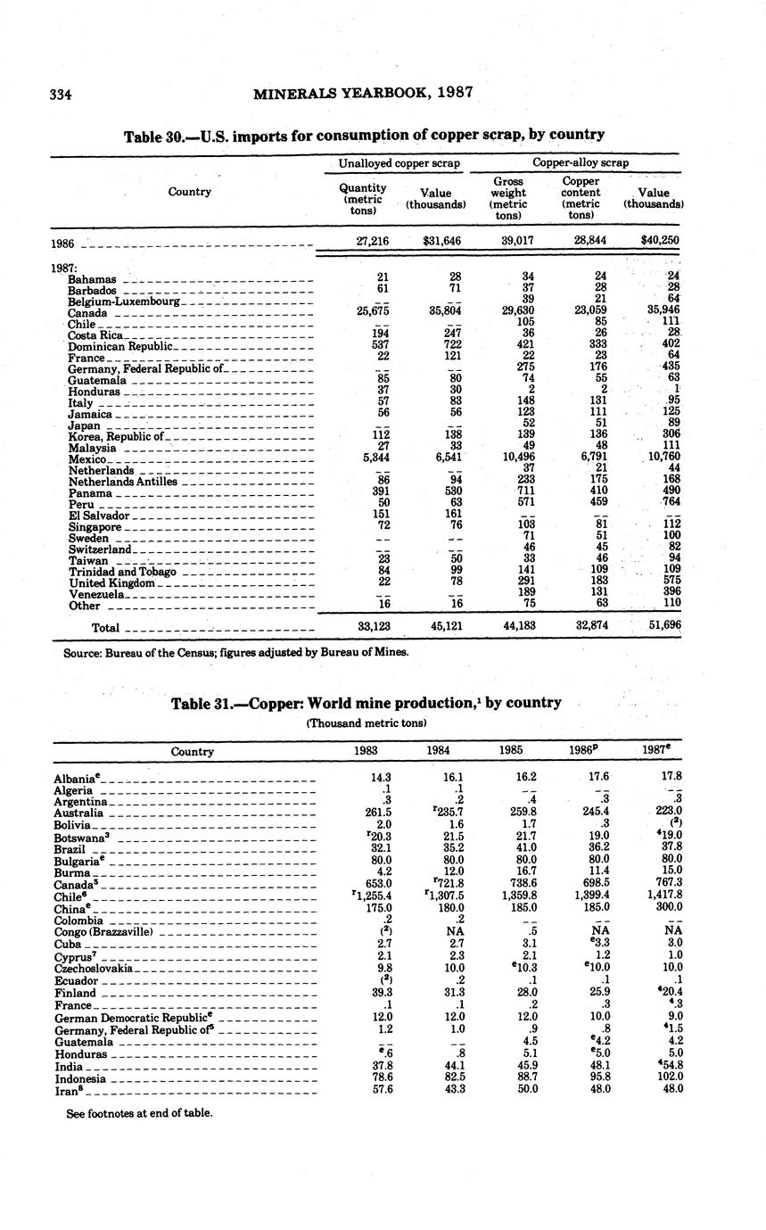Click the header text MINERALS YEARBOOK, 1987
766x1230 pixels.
(363, 92)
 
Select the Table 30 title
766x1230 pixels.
(364, 135)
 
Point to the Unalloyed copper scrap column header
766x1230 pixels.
(399, 163)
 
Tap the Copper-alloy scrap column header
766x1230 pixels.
(581, 163)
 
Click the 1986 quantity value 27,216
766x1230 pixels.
(374, 241)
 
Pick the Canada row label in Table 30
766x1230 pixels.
(87, 314)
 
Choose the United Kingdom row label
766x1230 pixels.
(111, 583)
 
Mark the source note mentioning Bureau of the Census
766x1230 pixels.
(236, 652)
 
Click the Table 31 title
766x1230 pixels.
(366, 703)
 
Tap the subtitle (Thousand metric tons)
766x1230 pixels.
(367, 722)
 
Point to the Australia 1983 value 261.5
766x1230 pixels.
(381, 813)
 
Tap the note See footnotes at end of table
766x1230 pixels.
(139, 1113)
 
